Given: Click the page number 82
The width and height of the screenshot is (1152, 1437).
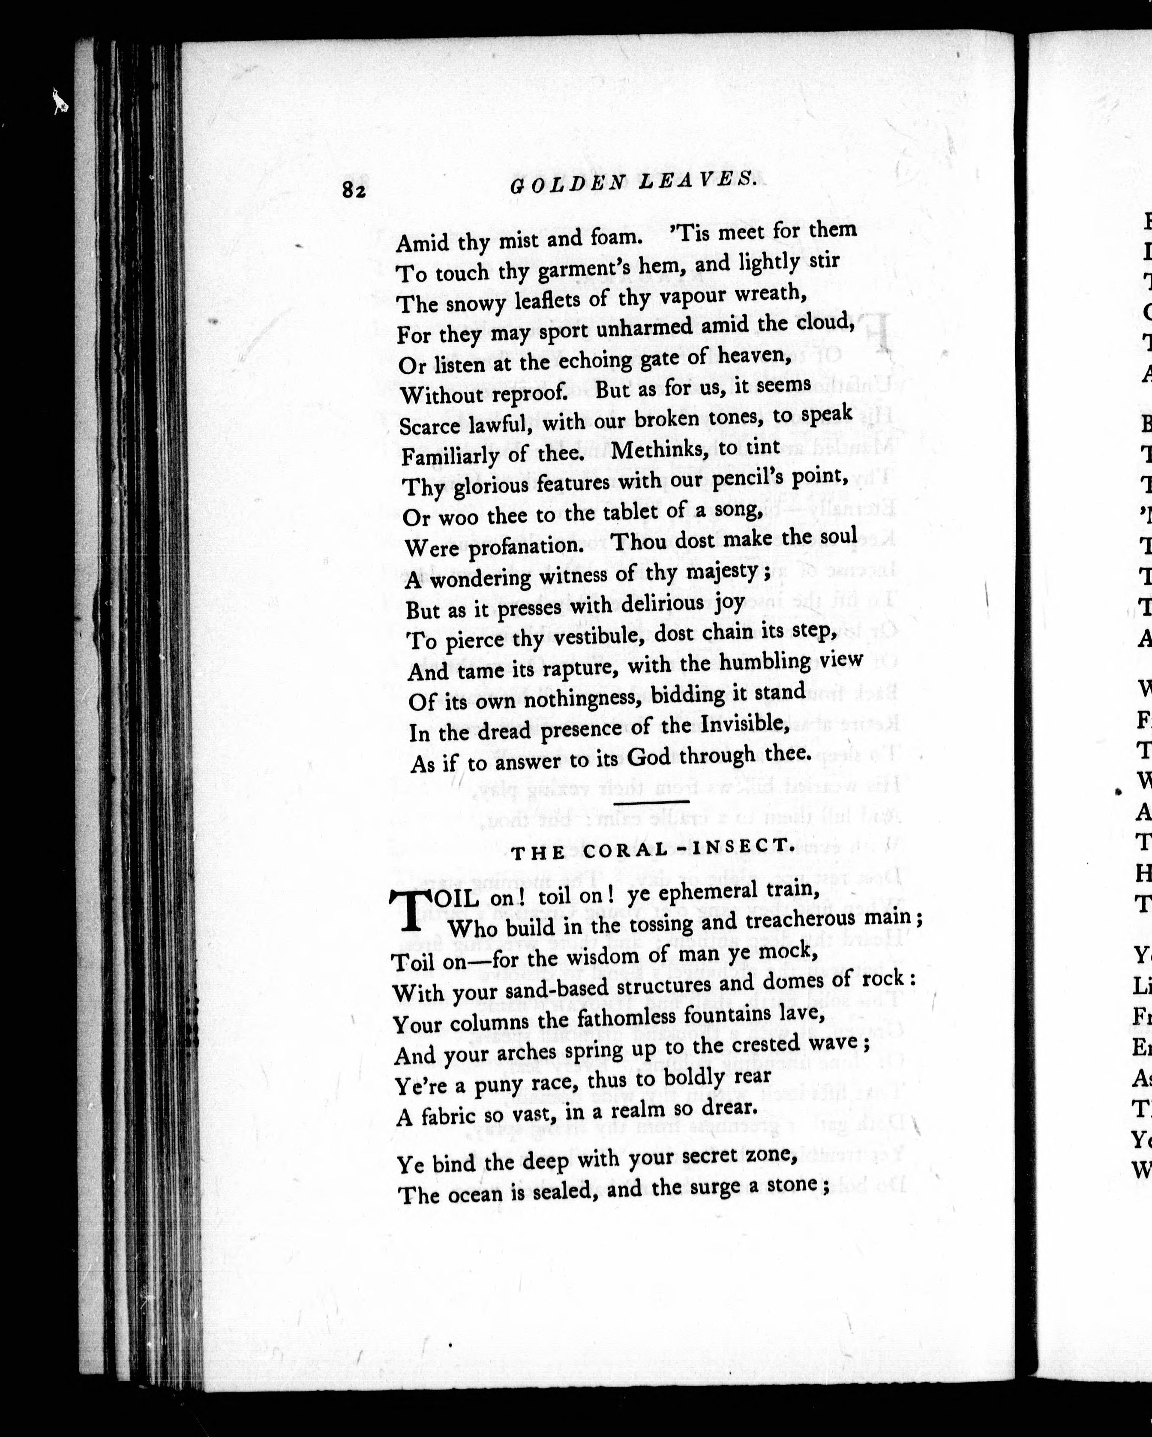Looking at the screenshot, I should [x=354, y=191].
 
